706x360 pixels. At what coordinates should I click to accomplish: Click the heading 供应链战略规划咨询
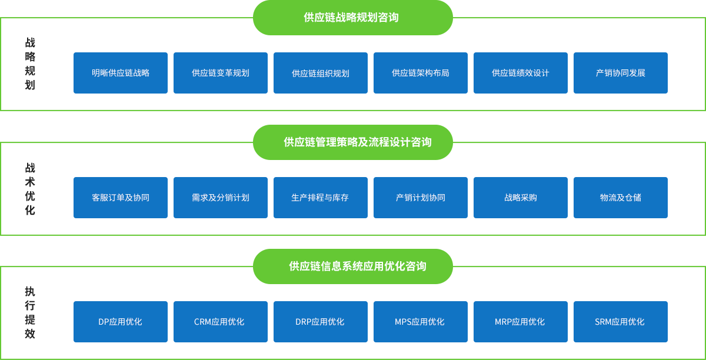coord(351,18)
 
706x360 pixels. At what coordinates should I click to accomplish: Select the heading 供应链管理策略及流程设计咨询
coord(357,142)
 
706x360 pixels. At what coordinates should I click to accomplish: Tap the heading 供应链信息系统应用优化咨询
coord(357,266)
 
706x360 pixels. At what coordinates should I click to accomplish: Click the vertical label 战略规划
coord(30,64)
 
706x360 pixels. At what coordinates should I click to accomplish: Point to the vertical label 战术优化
coord(30,189)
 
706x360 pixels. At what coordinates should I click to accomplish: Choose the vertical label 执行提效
coord(30,313)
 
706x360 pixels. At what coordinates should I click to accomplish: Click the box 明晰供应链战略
coord(121,73)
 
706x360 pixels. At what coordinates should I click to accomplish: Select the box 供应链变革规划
coord(221,73)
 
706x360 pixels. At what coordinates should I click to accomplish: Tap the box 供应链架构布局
coord(421,73)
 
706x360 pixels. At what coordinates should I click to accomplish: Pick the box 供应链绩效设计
coord(521,73)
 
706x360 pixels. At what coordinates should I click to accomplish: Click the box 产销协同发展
coord(621,73)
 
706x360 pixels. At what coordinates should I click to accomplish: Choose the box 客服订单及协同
coord(121,198)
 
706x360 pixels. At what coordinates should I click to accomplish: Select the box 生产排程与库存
coord(321,198)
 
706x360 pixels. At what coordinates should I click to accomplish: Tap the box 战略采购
coord(521,198)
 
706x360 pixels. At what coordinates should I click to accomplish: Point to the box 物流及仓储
coord(621,198)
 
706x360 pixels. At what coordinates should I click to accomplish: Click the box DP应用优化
coord(121,322)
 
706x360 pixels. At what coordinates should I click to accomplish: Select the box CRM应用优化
coord(221,322)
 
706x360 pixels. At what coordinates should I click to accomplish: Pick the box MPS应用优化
coord(421,322)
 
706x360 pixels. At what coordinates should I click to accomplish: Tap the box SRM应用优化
coord(621,322)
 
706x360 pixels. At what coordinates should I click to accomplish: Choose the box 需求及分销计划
coord(221,198)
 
